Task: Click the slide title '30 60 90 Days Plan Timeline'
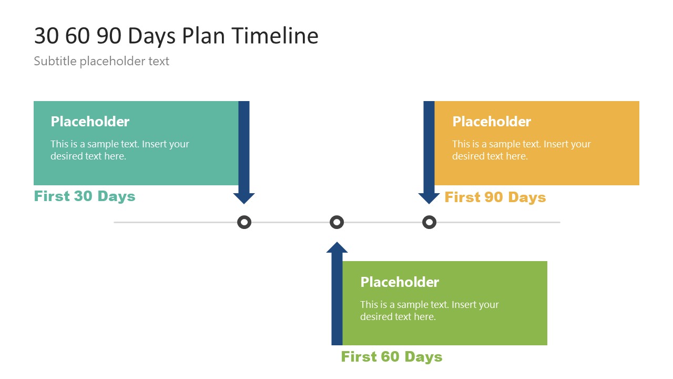coord(176,36)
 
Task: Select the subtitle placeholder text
coord(101,61)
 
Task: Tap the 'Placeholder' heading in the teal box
coord(90,122)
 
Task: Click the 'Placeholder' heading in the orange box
coord(492,122)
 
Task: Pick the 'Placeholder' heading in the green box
coord(400,282)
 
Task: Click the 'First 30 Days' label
coord(85,196)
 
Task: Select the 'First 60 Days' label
coord(392,357)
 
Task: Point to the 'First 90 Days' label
coord(495,197)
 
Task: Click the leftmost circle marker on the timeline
coord(244,222)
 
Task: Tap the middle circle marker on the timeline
coord(336,222)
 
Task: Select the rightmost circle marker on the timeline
coord(430,222)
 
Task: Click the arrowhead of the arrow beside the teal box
coord(244,198)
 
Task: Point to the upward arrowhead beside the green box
coord(337,247)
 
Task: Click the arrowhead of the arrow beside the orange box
coord(429,198)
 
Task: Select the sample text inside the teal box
coord(120,150)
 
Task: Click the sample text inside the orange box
coord(522,150)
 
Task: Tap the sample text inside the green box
coord(430,311)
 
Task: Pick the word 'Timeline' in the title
coord(275,36)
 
